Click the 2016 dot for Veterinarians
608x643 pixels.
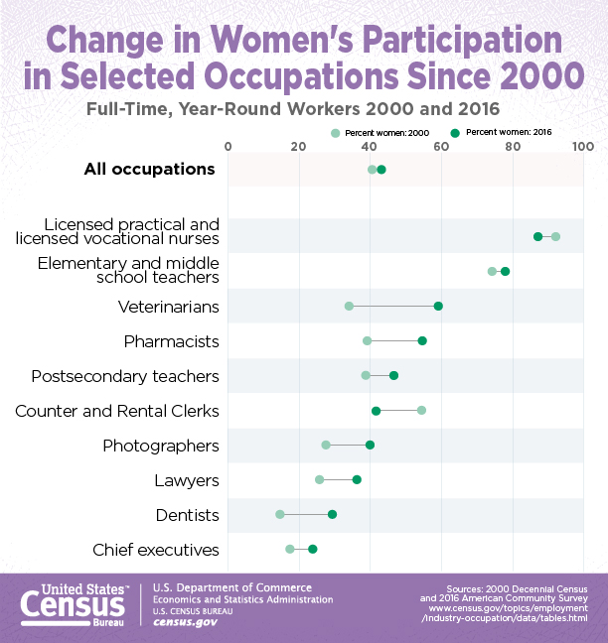click(x=438, y=306)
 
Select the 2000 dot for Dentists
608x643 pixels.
click(x=280, y=514)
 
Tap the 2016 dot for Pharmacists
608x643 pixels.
click(x=422, y=340)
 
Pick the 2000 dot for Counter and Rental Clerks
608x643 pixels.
click(x=421, y=410)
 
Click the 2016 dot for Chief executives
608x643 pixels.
click(x=312, y=549)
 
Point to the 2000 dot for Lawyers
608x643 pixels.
click(x=320, y=479)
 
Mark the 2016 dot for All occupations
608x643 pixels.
click(x=381, y=170)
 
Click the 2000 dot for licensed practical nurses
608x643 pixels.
click(x=555, y=236)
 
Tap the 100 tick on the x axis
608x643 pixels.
click(x=583, y=147)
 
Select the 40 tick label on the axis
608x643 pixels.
click(x=370, y=147)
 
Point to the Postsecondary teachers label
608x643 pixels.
click(x=125, y=376)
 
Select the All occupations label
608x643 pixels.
click(x=149, y=170)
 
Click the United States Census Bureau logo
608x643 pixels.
click(x=72, y=602)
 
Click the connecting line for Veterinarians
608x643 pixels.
click(x=393, y=306)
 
